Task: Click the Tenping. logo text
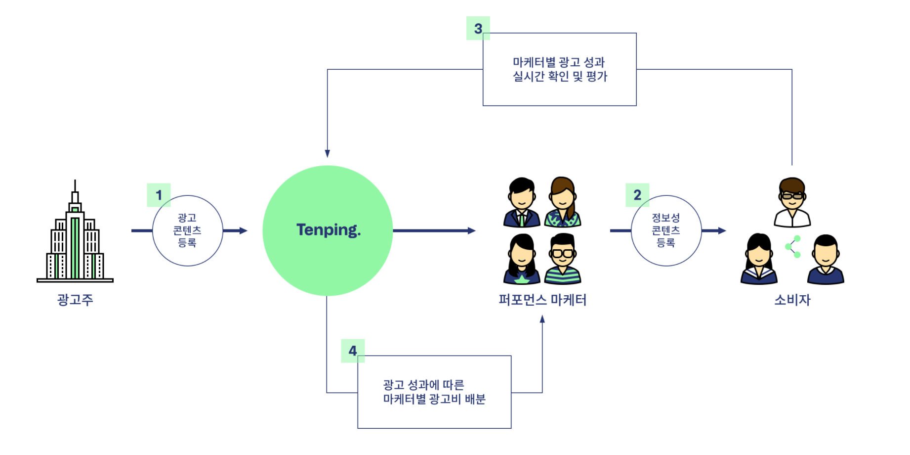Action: pos(329,230)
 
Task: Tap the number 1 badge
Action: pos(159,195)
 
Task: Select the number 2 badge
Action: pos(637,195)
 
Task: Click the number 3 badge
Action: pos(478,29)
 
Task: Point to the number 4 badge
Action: pos(353,351)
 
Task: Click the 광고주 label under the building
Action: pos(75,300)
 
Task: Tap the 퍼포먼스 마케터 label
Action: pos(542,300)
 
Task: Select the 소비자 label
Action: pos(792,300)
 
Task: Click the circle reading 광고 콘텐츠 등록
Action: pos(187,230)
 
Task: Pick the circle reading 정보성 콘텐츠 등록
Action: pos(666,230)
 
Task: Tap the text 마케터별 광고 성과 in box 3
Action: pos(559,62)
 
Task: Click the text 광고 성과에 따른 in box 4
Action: pos(423,385)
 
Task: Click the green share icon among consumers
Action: pos(793,246)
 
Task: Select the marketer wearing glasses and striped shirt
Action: pos(563,259)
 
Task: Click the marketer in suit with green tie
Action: pos(522,203)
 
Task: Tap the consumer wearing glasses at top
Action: pos(792,203)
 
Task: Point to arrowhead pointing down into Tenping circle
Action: pos(327,153)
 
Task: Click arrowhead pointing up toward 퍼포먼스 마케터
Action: pos(542,319)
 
